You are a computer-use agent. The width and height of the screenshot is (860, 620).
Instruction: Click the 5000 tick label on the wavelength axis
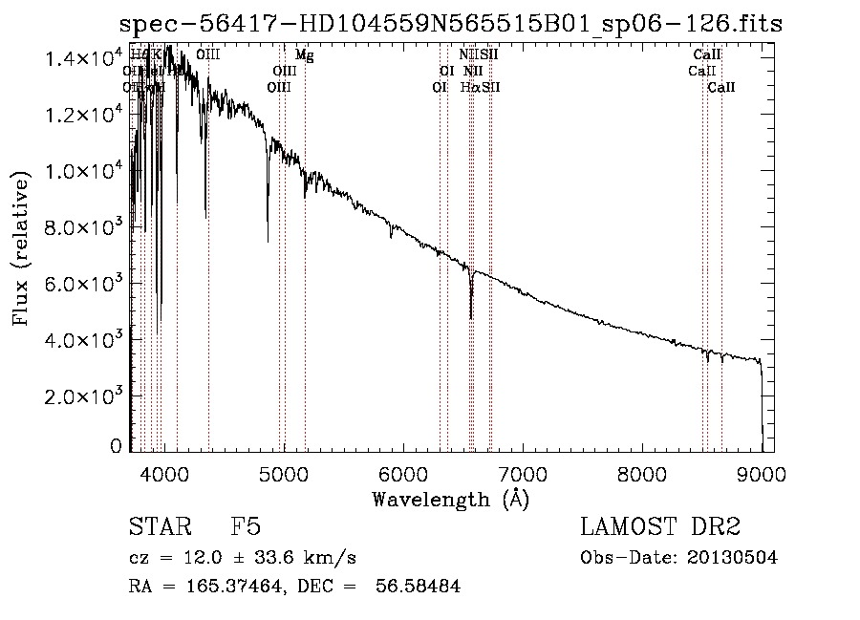click(x=284, y=472)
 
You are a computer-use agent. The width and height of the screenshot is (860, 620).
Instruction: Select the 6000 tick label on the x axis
click(x=403, y=472)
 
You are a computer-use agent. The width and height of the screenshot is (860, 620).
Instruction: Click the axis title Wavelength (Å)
click(x=450, y=499)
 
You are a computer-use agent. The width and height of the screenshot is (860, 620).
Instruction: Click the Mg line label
click(x=304, y=55)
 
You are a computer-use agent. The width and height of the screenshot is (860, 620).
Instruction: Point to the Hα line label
click(x=469, y=88)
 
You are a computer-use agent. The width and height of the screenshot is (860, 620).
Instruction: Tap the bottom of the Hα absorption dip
click(x=471, y=317)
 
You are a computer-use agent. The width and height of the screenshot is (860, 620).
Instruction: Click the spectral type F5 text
click(x=246, y=528)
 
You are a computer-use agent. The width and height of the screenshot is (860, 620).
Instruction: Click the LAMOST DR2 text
click(x=660, y=528)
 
